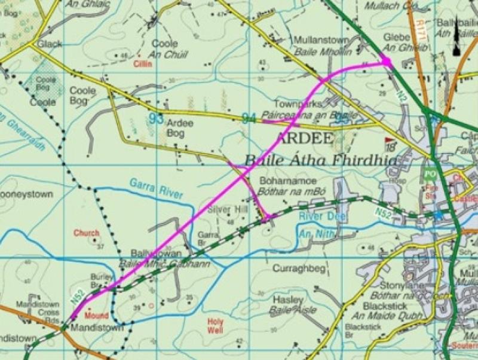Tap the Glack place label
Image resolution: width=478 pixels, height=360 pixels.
tap(48, 44)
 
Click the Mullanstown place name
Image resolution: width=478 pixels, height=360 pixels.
tap(321, 40)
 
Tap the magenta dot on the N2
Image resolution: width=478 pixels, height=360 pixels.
tap(385, 62)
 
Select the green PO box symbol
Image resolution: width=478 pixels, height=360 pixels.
tap(428, 175)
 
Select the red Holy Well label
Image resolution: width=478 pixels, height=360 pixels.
tap(215, 325)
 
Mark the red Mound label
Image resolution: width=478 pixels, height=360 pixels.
tap(97, 315)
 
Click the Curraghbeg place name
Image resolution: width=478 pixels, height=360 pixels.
tap(293, 270)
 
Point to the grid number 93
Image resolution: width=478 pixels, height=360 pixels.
tap(156, 118)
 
